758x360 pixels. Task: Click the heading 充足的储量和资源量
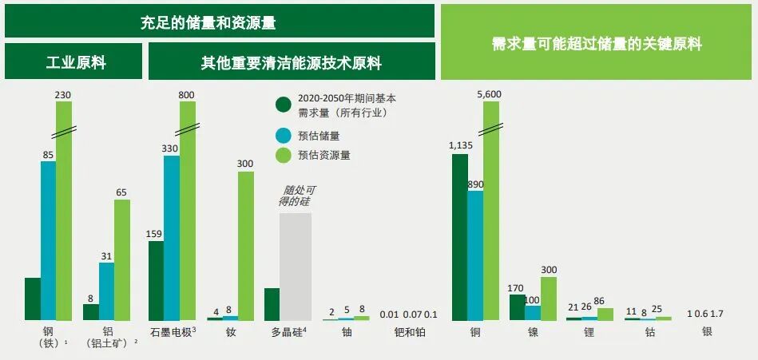coord(220,22)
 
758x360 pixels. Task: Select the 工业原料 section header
coord(73,62)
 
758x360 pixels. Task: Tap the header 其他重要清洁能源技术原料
coord(292,62)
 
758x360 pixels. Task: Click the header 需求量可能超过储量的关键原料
coord(597,44)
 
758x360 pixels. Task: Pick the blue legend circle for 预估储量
coord(283,136)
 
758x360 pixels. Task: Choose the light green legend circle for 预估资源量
coord(283,155)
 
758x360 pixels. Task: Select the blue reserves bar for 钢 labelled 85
coord(49,239)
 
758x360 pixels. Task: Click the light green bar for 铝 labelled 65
coord(122,259)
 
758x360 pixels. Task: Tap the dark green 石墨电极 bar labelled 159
coord(157,280)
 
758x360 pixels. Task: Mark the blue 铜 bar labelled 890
coord(476,255)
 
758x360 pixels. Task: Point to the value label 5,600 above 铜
coord(488,93)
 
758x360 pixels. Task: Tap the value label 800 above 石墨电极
coord(187,95)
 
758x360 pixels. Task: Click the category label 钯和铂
coord(410,332)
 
